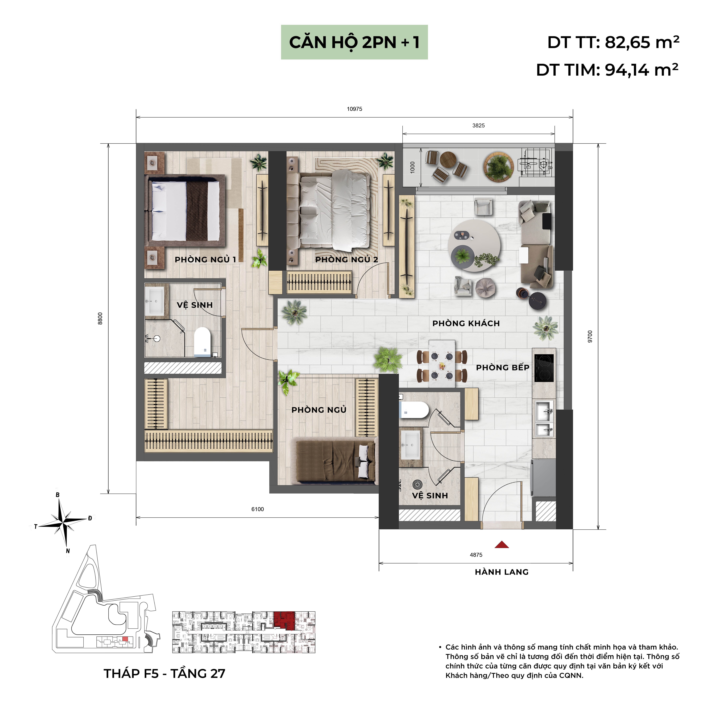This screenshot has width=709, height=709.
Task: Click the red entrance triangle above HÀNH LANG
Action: click(502, 545)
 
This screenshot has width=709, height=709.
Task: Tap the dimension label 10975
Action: click(354, 109)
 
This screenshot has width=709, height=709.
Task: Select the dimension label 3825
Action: click(479, 126)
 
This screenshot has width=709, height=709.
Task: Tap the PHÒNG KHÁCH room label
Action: click(466, 323)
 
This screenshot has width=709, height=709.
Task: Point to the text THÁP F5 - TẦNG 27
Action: click(164, 673)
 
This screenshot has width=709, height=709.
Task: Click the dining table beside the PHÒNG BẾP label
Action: click(442, 363)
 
